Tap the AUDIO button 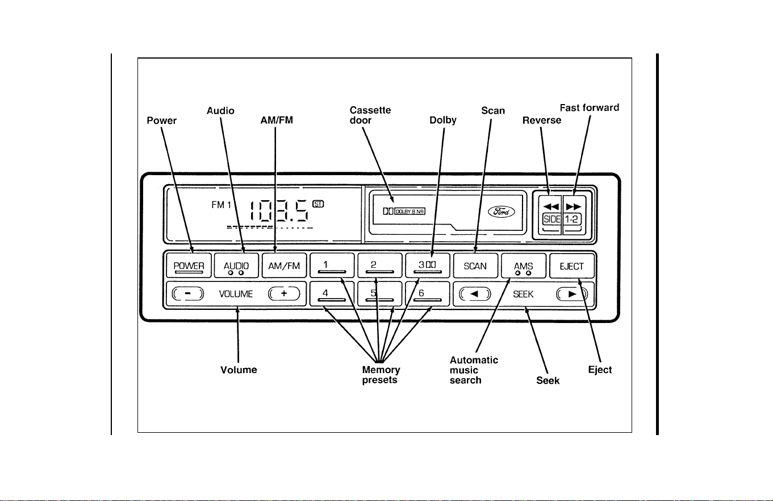coord(236,266)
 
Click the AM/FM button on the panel coord(284,266)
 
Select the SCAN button coord(475,266)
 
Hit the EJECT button coord(572,266)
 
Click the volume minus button coord(188,293)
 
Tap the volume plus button coord(284,293)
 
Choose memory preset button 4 coord(332,294)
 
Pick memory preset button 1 coord(332,266)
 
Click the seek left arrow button coord(475,294)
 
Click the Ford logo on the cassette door coord(501,212)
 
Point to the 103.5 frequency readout coord(279,211)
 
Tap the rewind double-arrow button coord(551,206)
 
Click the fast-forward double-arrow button coord(574,206)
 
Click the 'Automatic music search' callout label coord(474,370)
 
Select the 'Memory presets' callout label coord(381,375)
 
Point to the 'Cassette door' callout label coord(370,115)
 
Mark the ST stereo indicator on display coord(318,204)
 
